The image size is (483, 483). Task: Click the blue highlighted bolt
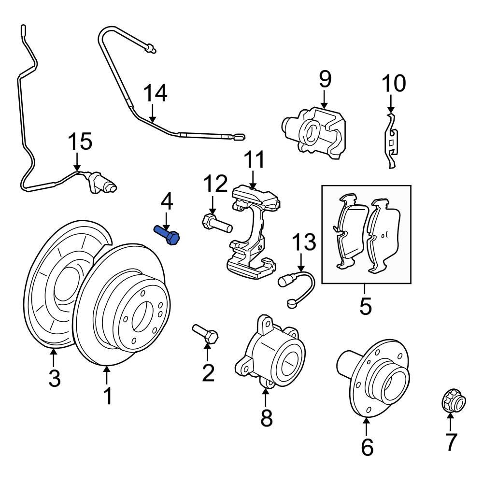pos(167,236)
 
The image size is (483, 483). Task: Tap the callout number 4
pos(166,202)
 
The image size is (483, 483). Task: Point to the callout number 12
pos(214,184)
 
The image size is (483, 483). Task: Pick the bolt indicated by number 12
pos(217,224)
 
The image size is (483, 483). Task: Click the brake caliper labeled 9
pos(317,131)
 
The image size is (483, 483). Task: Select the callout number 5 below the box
pos(366,306)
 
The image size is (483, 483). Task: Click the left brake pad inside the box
pos(349,231)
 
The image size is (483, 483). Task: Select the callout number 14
pos(156,93)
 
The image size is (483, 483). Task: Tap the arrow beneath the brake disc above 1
pos(107,375)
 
